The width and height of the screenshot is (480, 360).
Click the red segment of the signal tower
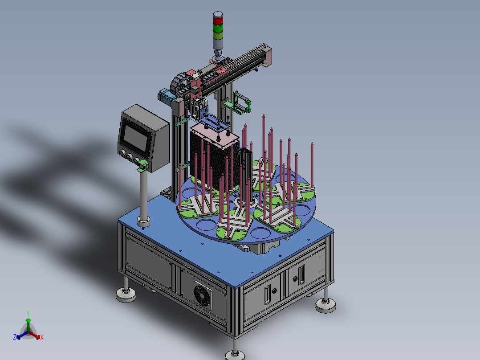pyautogui.click(x=218, y=21)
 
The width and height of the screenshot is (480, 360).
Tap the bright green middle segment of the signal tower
pyautogui.click(x=218, y=29)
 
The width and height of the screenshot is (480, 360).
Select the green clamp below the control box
pyautogui.click(x=142, y=165)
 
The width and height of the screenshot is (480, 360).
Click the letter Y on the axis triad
pyautogui.click(x=28, y=314)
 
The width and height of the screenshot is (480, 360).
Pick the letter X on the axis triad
pyautogui.click(x=42, y=337)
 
